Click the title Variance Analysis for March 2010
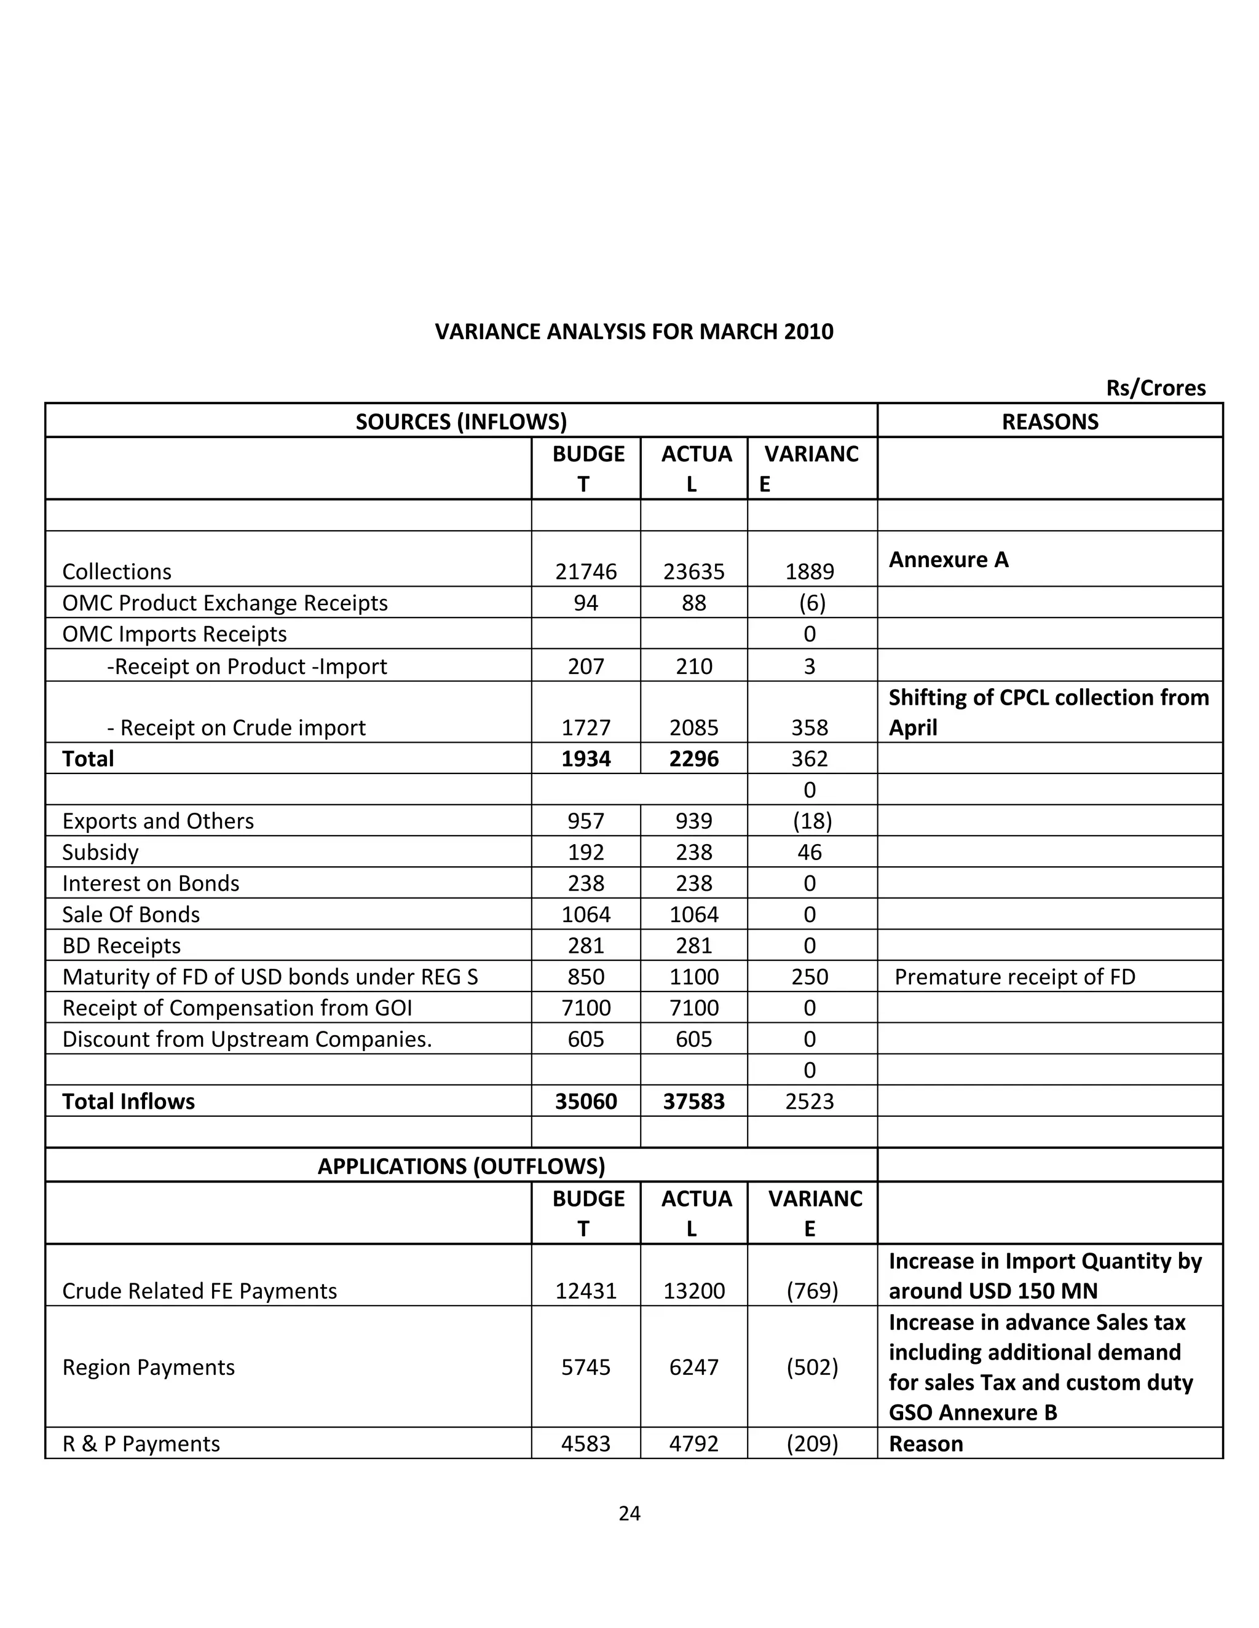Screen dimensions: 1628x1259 (634, 331)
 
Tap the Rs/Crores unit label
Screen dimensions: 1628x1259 (1155, 388)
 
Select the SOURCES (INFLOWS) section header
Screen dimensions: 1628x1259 (461, 421)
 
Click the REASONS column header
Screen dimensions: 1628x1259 (1049, 421)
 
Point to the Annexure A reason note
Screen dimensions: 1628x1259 (948, 559)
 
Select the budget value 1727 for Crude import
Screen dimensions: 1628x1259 (585, 727)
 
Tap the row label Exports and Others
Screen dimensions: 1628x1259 (158, 821)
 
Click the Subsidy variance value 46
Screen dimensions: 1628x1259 (809, 852)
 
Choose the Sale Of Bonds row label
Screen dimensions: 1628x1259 (132, 914)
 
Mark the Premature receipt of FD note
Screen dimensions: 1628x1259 (1014, 977)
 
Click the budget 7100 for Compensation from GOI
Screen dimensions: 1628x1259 (585, 1008)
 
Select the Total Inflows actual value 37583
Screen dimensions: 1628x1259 (693, 1101)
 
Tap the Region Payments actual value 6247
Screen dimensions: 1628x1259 (693, 1366)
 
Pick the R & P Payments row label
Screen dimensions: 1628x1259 (141, 1443)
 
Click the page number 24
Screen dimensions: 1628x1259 (629, 1513)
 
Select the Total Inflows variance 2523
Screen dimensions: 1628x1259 (809, 1101)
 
